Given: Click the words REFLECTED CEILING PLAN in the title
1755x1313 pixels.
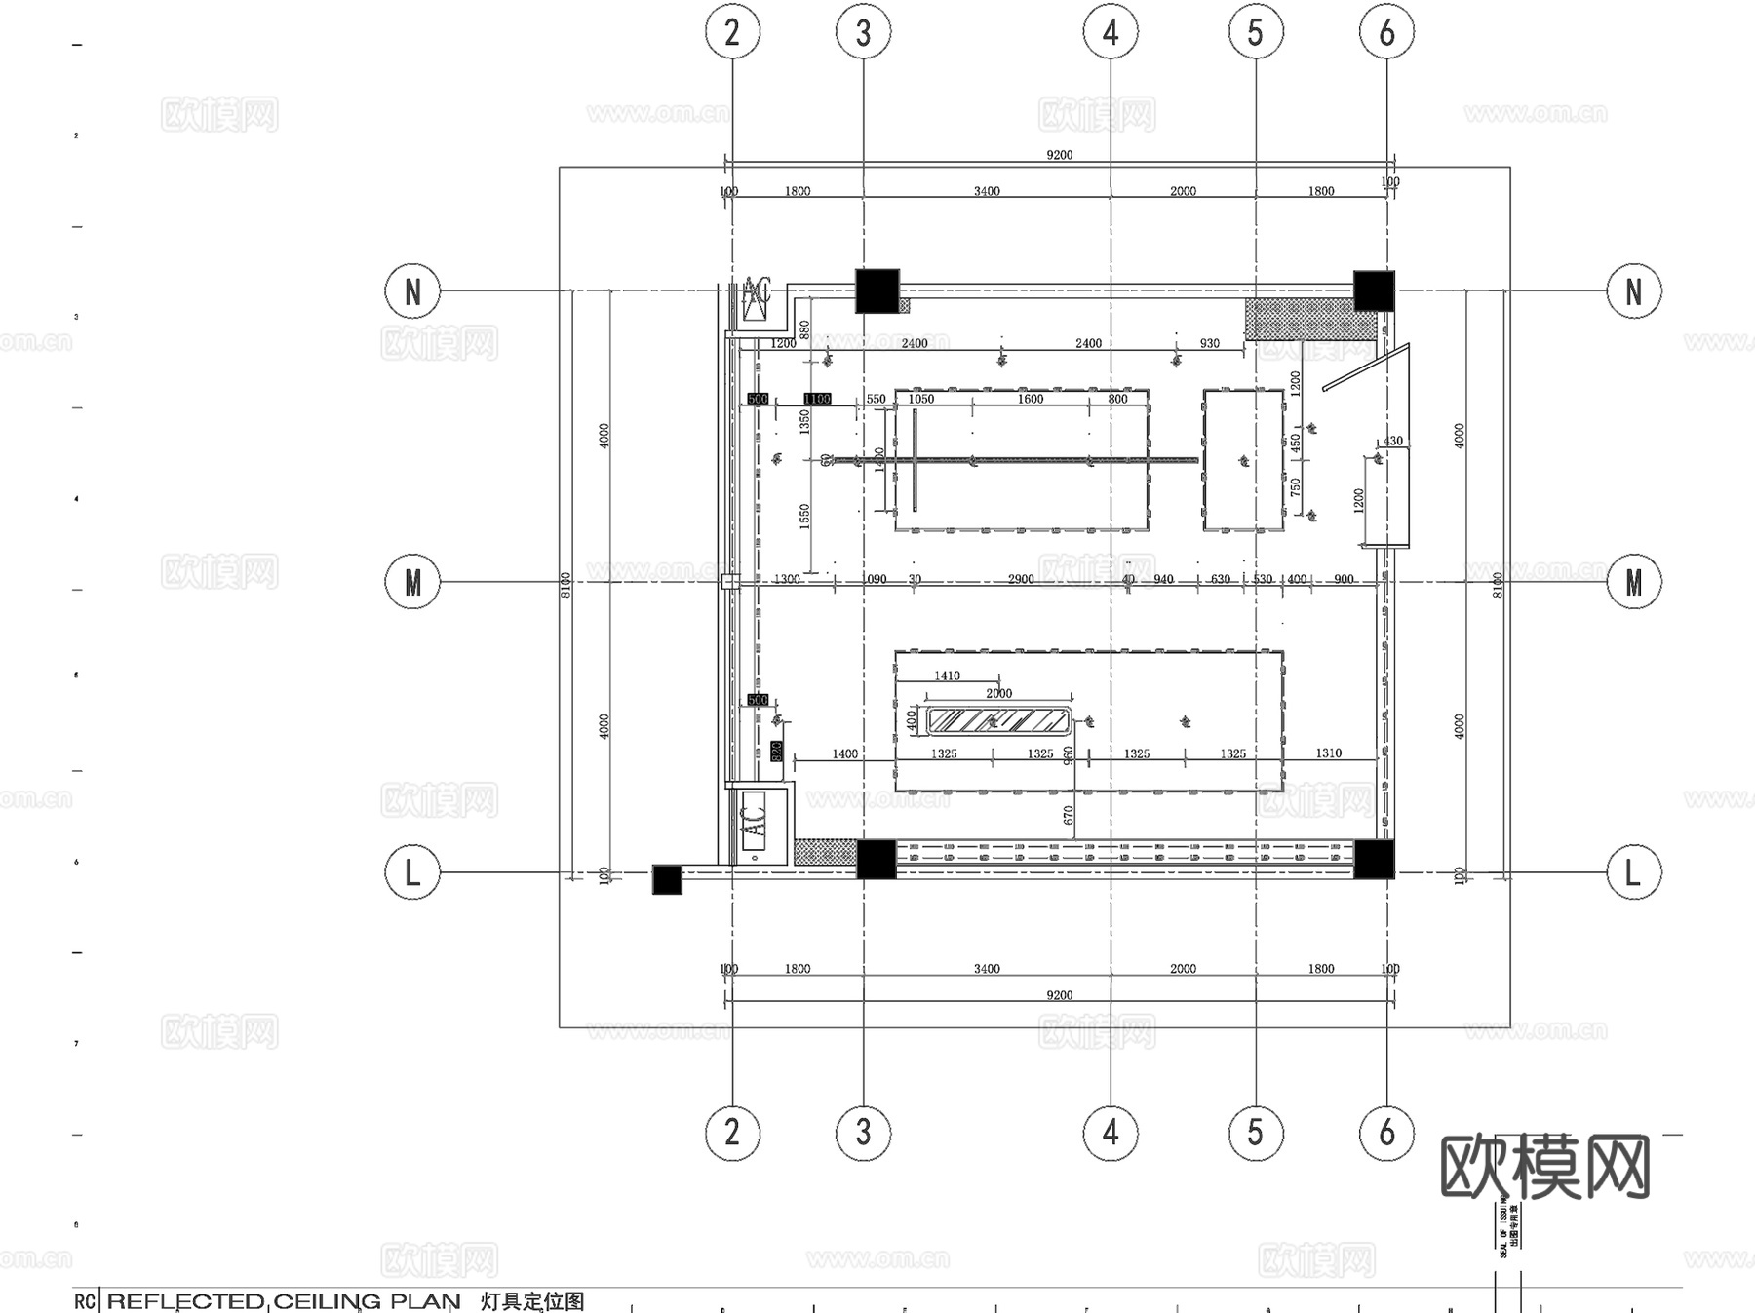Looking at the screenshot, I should pos(283,1301).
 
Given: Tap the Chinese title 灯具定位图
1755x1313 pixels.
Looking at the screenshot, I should pos(532,1301).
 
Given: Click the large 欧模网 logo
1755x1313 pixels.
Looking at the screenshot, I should pos(1544,1167).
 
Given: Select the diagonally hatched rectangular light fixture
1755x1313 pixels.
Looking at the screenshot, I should pos(998,721).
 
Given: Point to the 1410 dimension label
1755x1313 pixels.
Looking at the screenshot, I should pos(947,676).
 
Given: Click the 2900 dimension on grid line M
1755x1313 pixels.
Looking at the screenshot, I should pos(1021,579).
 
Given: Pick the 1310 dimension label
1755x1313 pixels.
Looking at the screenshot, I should pos(1328,753).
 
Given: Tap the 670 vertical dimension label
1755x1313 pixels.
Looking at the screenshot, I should pos(1069,815).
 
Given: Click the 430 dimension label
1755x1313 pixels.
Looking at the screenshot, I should pos(1393,441).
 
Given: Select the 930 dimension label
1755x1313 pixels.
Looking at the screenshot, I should pos(1209,343).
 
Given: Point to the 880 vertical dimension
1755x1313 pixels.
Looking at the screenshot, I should pos(804,329).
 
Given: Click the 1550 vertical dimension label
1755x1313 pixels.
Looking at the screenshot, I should pos(804,516).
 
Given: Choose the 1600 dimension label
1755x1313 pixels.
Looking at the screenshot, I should pos(1031,399).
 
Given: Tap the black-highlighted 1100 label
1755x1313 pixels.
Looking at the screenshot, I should pos(817,399).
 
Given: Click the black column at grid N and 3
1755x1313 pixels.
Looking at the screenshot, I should pos(877,290).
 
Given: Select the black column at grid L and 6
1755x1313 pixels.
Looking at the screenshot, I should pos(1374,859).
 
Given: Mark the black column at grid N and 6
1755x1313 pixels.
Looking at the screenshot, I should pos(1374,290).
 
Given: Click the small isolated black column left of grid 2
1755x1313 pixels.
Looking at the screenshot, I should pos(667,879).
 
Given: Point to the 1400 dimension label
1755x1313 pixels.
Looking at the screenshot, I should pos(844,753).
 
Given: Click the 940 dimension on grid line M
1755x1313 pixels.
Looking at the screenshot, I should pos(1163,579).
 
